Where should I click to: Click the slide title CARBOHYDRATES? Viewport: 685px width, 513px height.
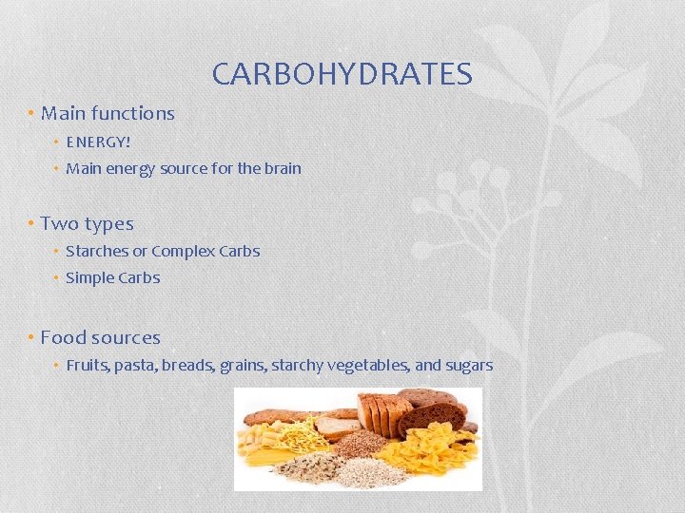pyautogui.click(x=342, y=74)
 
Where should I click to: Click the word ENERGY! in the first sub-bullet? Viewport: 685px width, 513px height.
pyautogui.click(x=98, y=142)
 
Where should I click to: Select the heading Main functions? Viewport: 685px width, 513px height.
pyautogui.click(x=108, y=113)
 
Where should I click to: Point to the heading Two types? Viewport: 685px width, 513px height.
pyautogui.click(x=87, y=224)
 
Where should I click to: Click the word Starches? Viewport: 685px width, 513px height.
pyautogui.click(x=96, y=252)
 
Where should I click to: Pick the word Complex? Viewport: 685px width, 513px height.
pyautogui.click(x=183, y=252)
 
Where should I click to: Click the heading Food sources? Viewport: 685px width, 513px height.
pyautogui.click(x=100, y=337)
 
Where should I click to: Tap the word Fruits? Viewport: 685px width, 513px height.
pyautogui.click(x=87, y=366)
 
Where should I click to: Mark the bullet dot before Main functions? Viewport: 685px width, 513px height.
pyautogui.click(x=31, y=114)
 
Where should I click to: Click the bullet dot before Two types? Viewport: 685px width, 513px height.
pyautogui.click(x=31, y=225)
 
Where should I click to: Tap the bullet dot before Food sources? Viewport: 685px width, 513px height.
pyautogui.click(x=31, y=338)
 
